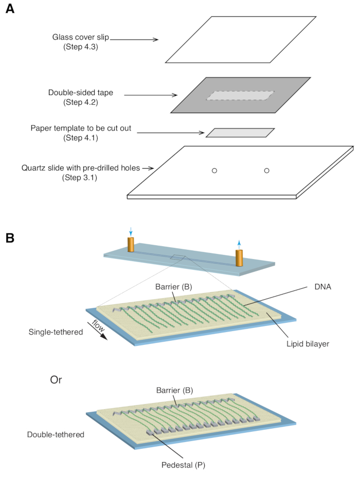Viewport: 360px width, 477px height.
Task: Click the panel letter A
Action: (x=10, y=9)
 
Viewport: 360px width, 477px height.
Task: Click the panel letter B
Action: (x=10, y=238)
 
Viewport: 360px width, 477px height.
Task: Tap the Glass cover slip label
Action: (x=81, y=37)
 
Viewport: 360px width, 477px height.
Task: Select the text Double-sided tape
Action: (x=81, y=93)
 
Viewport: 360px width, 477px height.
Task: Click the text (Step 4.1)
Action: (x=81, y=138)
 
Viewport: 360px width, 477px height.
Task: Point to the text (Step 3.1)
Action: (x=80, y=177)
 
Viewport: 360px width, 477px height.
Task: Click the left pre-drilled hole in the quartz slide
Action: (x=214, y=171)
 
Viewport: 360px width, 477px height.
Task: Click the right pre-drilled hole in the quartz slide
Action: (x=267, y=171)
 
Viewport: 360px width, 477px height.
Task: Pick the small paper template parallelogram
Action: (x=240, y=133)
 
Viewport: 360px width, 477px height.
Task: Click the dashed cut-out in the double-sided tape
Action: (x=240, y=96)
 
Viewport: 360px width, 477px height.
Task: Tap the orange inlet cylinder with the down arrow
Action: (x=131, y=245)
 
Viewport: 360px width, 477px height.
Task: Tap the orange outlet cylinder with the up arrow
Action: (x=239, y=258)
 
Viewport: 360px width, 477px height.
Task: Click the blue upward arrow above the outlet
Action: (x=239, y=245)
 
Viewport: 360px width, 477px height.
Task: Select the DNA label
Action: (x=323, y=287)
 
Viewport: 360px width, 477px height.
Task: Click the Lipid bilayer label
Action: (x=308, y=344)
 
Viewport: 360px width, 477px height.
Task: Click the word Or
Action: (x=56, y=380)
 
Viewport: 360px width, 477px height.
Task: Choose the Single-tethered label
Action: (x=56, y=332)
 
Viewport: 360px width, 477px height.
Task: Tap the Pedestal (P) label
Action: (x=183, y=465)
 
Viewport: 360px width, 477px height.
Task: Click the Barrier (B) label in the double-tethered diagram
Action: (x=175, y=390)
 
